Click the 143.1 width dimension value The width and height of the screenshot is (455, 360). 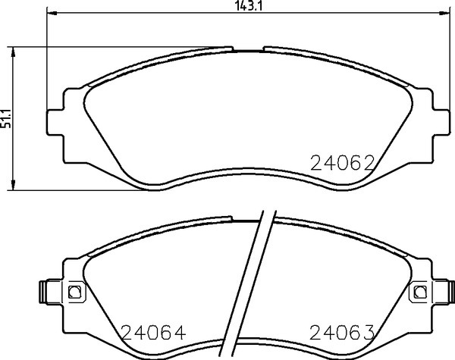pos(248,6)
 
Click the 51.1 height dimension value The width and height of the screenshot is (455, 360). pos(6,118)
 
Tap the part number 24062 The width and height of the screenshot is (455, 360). pos(343,163)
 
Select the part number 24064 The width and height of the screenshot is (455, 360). pos(153,332)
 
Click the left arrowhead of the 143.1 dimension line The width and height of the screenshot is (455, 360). pos(52,12)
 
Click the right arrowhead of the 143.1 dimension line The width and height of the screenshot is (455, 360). pos(444,12)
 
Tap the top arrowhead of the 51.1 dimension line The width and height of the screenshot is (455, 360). pos(13,52)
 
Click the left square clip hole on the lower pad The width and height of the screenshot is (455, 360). pos(75,292)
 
